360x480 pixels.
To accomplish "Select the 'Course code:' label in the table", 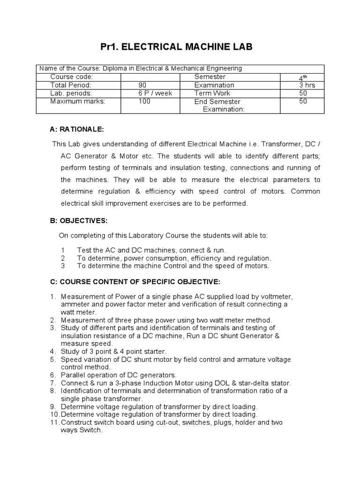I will point(71,77).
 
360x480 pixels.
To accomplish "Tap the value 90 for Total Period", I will point(142,85).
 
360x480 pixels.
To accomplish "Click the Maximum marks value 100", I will point(144,101).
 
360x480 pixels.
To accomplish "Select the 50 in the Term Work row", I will point(303,93).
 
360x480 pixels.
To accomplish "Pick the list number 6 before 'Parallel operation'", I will point(53,375).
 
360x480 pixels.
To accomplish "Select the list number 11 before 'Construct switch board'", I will point(54,423).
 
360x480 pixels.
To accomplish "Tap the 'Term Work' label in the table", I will point(210,93).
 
